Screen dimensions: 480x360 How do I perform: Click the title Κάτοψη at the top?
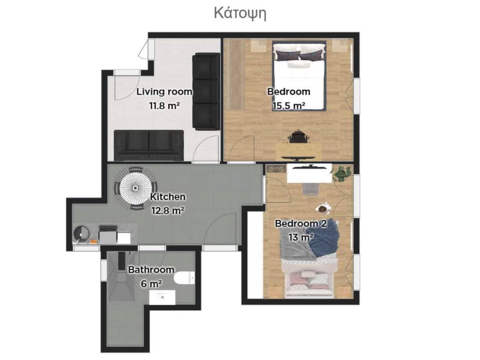(x=240, y=14)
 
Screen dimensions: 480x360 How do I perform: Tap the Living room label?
(x=164, y=91)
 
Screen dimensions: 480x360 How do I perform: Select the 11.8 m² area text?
(x=165, y=106)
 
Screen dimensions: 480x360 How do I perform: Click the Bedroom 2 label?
(x=301, y=224)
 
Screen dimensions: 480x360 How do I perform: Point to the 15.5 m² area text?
(x=289, y=106)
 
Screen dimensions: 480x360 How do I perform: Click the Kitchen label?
(x=168, y=196)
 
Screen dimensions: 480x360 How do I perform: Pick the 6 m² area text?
(x=151, y=284)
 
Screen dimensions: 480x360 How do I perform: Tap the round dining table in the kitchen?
(x=135, y=187)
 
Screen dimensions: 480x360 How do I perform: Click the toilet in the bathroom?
(x=184, y=278)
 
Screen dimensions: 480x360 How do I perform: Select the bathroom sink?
(x=162, y=297)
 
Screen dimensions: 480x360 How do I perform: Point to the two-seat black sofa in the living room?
(x=149, y=145)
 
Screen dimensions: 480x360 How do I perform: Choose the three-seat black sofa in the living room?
(x=206, y=91)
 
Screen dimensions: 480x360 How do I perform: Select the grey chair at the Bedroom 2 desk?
(x=310, y=188)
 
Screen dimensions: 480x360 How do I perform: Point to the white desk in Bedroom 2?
(x=309, y=173)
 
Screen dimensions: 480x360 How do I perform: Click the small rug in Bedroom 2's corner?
(x=276, y=169)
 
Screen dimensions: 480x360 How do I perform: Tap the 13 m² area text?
(x=301, y=237)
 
